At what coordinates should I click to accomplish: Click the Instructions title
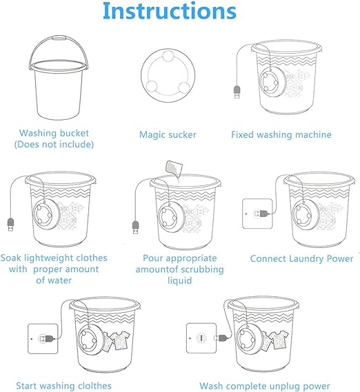pyautogui.click(x=169, y=11)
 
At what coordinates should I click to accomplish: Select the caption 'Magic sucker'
pyautogui.click(x=168, y=135)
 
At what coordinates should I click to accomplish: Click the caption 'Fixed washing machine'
pyautogui.click(x=281, y=135)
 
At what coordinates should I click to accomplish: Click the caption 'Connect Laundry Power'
pyautogui.click(x=301, y=259)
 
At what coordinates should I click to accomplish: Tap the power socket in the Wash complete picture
pyautogui.click(x=199, y=338)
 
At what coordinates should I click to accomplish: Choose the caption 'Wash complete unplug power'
pyautogui.click(x=265, y=386)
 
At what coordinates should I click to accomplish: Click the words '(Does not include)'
pyautogui.click(x=54, y=145)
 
